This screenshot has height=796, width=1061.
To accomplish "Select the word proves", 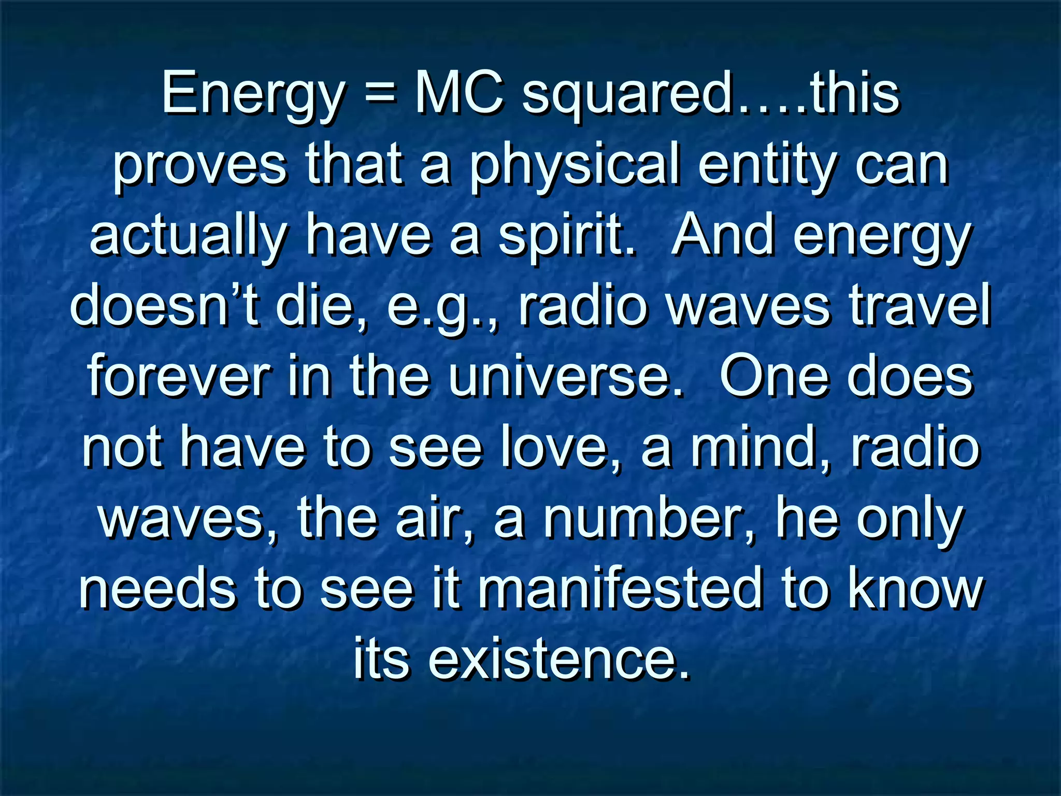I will click(199, 166).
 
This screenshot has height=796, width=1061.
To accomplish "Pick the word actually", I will click(188, 237).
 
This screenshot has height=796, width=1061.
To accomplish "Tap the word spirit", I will click(567, 237).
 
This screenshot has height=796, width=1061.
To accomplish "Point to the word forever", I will click(179, 377).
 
